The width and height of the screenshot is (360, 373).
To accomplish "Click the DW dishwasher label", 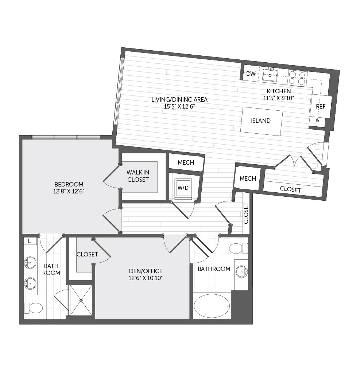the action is (x=251, y=74).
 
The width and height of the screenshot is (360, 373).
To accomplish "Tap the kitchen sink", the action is (x=270, y=75).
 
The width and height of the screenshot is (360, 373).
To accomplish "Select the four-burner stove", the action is (x=297, y=78).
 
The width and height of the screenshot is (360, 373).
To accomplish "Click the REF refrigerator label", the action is (x=321, y=106).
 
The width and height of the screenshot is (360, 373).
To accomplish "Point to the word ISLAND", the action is (x=261, y=121).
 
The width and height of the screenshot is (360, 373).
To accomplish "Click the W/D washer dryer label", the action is (x=183, y=188).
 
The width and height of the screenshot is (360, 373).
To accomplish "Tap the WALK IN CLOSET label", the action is (x=138, y=176).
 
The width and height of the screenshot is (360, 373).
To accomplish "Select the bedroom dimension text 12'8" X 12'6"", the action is (x=69, y=191).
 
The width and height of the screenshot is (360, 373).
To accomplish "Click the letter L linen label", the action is (x=30, y=241).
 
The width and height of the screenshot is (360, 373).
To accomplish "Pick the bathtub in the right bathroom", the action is (x=212, y=306).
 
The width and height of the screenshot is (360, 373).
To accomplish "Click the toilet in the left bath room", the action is (x=33, y=308).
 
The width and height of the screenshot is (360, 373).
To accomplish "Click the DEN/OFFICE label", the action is (x=146, y=271).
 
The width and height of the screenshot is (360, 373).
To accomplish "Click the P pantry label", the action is (x=317, y=122).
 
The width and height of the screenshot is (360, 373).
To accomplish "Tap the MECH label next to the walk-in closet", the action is (x=186, y=163).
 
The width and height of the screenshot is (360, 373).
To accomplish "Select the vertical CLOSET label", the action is (x=246, y=213).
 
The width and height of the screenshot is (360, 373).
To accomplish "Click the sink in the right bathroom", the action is (x=242, y=271).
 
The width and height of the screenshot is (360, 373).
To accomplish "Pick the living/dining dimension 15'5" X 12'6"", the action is (x=179, y=106).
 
